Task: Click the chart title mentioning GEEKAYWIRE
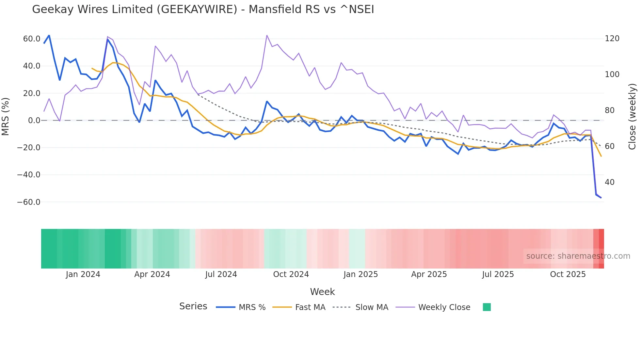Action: [203, 9]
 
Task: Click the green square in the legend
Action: [487, 307]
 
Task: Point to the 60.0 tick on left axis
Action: [32, 39]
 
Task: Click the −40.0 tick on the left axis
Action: [29, 175]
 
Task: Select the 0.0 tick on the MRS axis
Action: [34, 121]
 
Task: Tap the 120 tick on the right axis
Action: [612, 39]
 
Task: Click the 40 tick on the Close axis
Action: [610, 182]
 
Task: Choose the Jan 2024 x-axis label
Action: [83, 274]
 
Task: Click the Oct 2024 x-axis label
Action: [291, 274]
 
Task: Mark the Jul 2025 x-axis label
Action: [498, 274]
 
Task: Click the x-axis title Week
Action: [322, 292]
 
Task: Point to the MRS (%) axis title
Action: [6, 116]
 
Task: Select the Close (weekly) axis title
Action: [632, 116]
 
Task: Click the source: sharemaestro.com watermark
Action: [578, 256]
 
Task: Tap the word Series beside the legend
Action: [193, 306]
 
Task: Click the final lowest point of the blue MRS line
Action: [601, 198]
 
